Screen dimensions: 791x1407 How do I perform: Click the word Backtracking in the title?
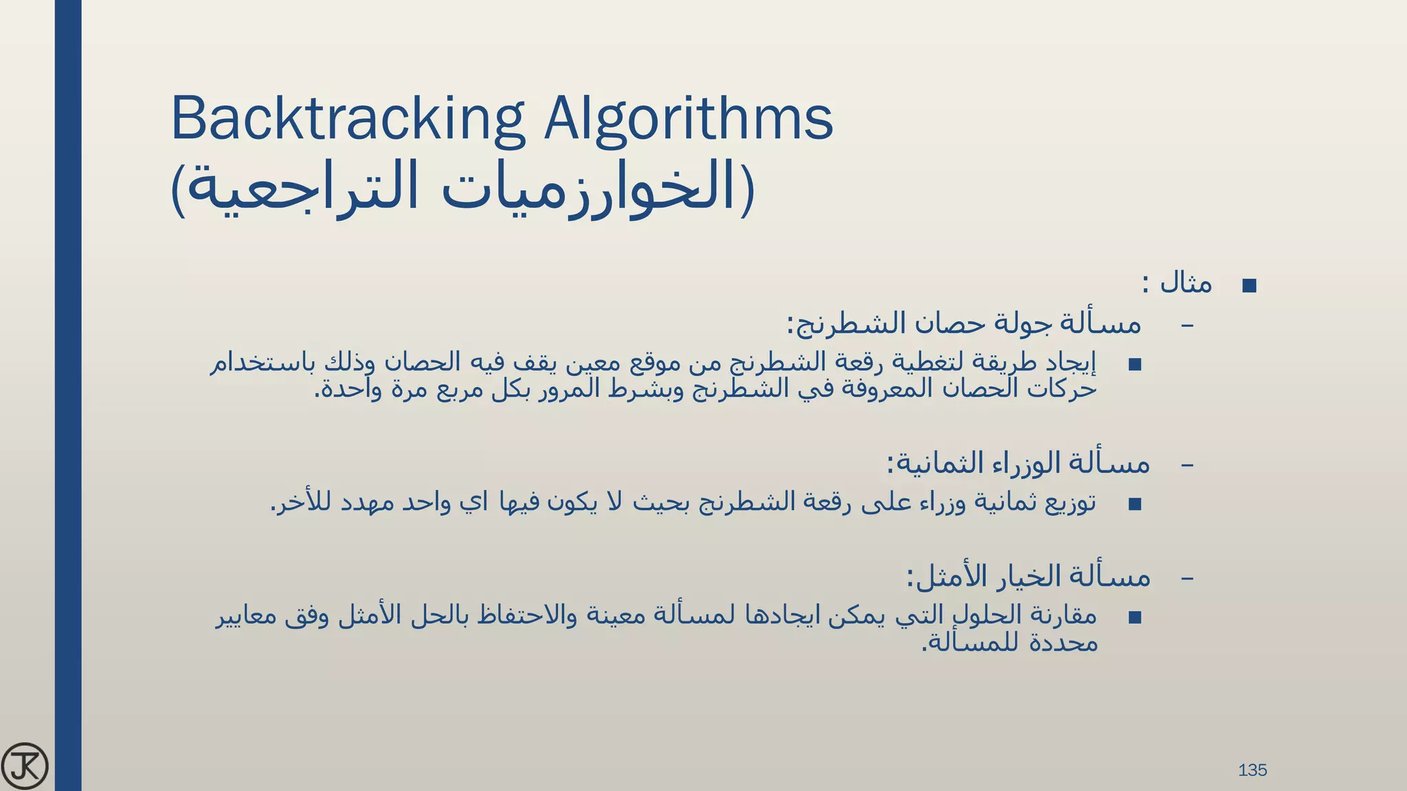coord(347,118)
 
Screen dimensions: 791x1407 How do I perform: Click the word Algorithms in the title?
coord(688,118)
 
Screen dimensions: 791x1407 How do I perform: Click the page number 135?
coord(1252,770)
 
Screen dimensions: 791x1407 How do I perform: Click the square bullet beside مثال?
coord(1249,286)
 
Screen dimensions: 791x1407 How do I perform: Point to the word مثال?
coord(1186,283)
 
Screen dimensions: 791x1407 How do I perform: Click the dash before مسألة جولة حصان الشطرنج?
coord(1186,324)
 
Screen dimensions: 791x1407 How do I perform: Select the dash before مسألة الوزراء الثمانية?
coord(1186,466)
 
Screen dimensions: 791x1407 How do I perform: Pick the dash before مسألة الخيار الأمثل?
coord(1186,578)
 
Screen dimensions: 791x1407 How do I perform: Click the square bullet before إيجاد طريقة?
coord(1134,365)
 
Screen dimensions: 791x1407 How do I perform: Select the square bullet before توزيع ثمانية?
coord(1134,505)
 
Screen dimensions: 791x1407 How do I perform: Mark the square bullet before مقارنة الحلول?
coord(1134,617)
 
